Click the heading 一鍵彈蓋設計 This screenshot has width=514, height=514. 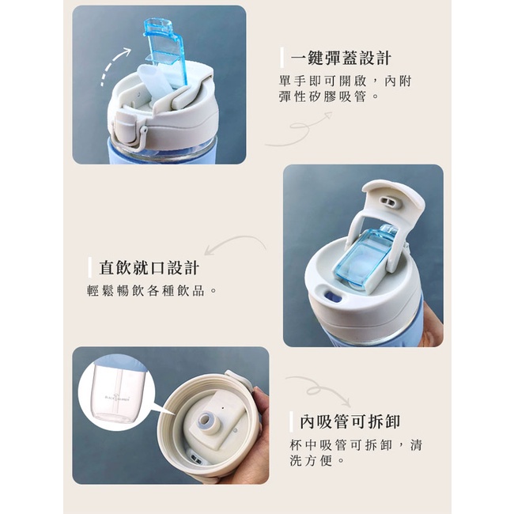click(x=341, y=59)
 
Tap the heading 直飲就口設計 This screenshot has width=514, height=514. click(x=149, y=268)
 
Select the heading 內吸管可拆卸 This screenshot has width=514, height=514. click(x=350, y=421)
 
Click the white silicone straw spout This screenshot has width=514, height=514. click(x=155, y=82)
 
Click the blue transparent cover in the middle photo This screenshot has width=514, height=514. click(x=365, y=255)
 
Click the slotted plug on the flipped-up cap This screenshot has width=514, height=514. click(x=391, y=202)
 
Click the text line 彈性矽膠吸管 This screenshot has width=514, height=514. click(x=328, y=96)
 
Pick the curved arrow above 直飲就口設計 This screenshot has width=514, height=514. click(x=235, y=243)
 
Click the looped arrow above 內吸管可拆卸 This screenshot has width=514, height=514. click(x=318, y=389)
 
